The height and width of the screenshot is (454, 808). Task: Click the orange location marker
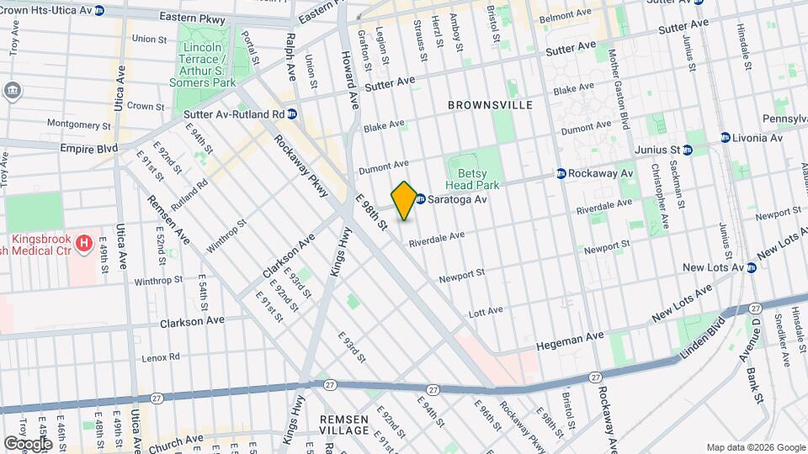[404, 201]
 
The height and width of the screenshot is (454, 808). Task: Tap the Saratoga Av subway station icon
[420, 199]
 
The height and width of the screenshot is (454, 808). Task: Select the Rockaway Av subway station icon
[560, 173]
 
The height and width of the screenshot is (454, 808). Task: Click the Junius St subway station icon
[688, 150]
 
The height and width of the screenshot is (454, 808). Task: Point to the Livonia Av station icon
[725, 137]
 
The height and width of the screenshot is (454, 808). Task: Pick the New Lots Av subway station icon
[752, 267]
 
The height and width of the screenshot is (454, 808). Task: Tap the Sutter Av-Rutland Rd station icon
[292, 113]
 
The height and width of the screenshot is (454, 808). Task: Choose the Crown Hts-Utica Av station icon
[99, 11]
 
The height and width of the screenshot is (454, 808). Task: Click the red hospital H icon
[83, 244]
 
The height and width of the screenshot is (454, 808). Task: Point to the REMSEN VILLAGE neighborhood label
[344, 425]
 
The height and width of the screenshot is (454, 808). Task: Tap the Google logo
[27, 443]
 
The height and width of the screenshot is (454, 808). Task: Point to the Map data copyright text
[755, 447]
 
